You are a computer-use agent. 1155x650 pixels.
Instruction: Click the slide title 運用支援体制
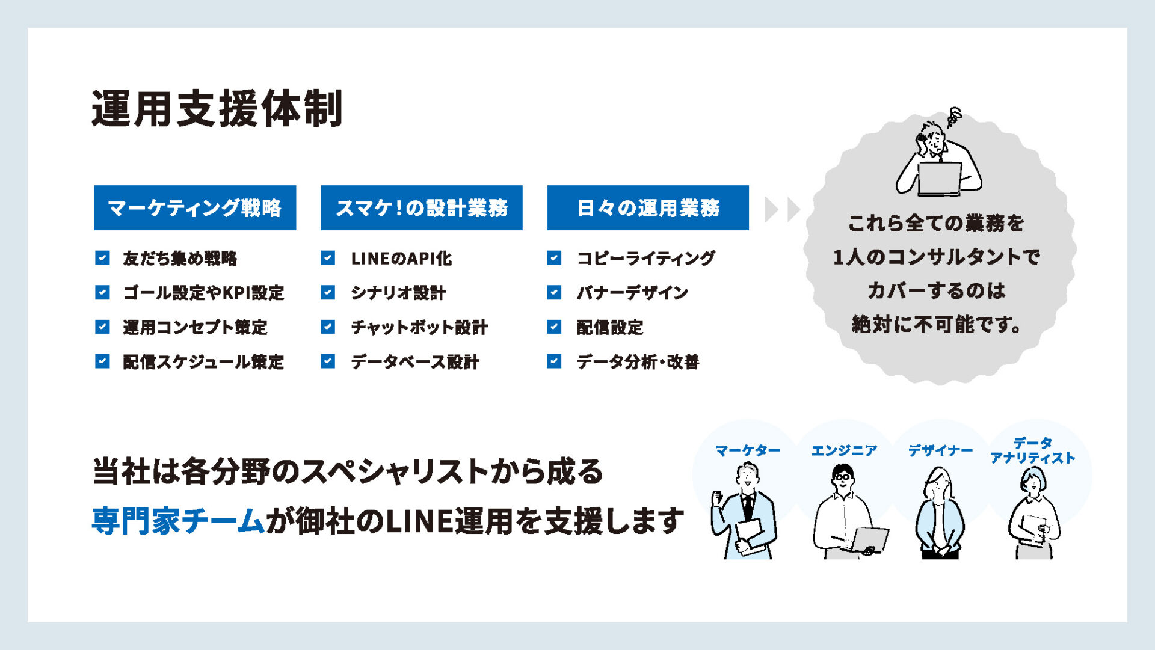click(x=217, y=109)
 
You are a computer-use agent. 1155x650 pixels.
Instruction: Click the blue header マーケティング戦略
click(x=195, y=208)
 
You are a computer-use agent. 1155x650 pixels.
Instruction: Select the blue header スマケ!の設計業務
click(x=422, y=208)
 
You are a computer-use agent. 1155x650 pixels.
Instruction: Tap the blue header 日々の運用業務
click(x=648, y=208)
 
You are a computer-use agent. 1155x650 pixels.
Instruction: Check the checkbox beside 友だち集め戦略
click(x=102, y=258)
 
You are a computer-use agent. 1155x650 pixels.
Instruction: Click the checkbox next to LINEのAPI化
click(x=328, y=258)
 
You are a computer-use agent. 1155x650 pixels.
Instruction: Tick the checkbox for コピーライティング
click(x=554, y=258)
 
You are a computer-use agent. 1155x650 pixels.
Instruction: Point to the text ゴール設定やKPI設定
click(x=203, y=293)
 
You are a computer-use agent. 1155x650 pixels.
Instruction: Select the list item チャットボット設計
click(x=419, y=327)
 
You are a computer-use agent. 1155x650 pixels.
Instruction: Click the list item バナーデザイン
click(x=632, y=293)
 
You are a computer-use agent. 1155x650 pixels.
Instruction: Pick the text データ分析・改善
click(x=638, y=362)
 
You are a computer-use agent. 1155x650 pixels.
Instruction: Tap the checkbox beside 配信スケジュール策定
click(x=102, y=361)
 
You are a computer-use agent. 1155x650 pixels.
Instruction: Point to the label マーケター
click(x=747, y=450)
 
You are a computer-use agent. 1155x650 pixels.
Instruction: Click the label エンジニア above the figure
click(x=844, y=450)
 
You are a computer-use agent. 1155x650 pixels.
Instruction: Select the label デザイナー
click(x=940, y=450)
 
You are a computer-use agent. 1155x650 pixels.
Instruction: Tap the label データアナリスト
click(x=1032, y=450)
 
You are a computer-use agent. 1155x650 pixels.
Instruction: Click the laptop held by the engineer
click(x=869, y=539)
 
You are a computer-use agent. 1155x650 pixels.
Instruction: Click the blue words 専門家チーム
click(x=178, y=521)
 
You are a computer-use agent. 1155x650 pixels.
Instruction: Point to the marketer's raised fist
click(x=717, y=498)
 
